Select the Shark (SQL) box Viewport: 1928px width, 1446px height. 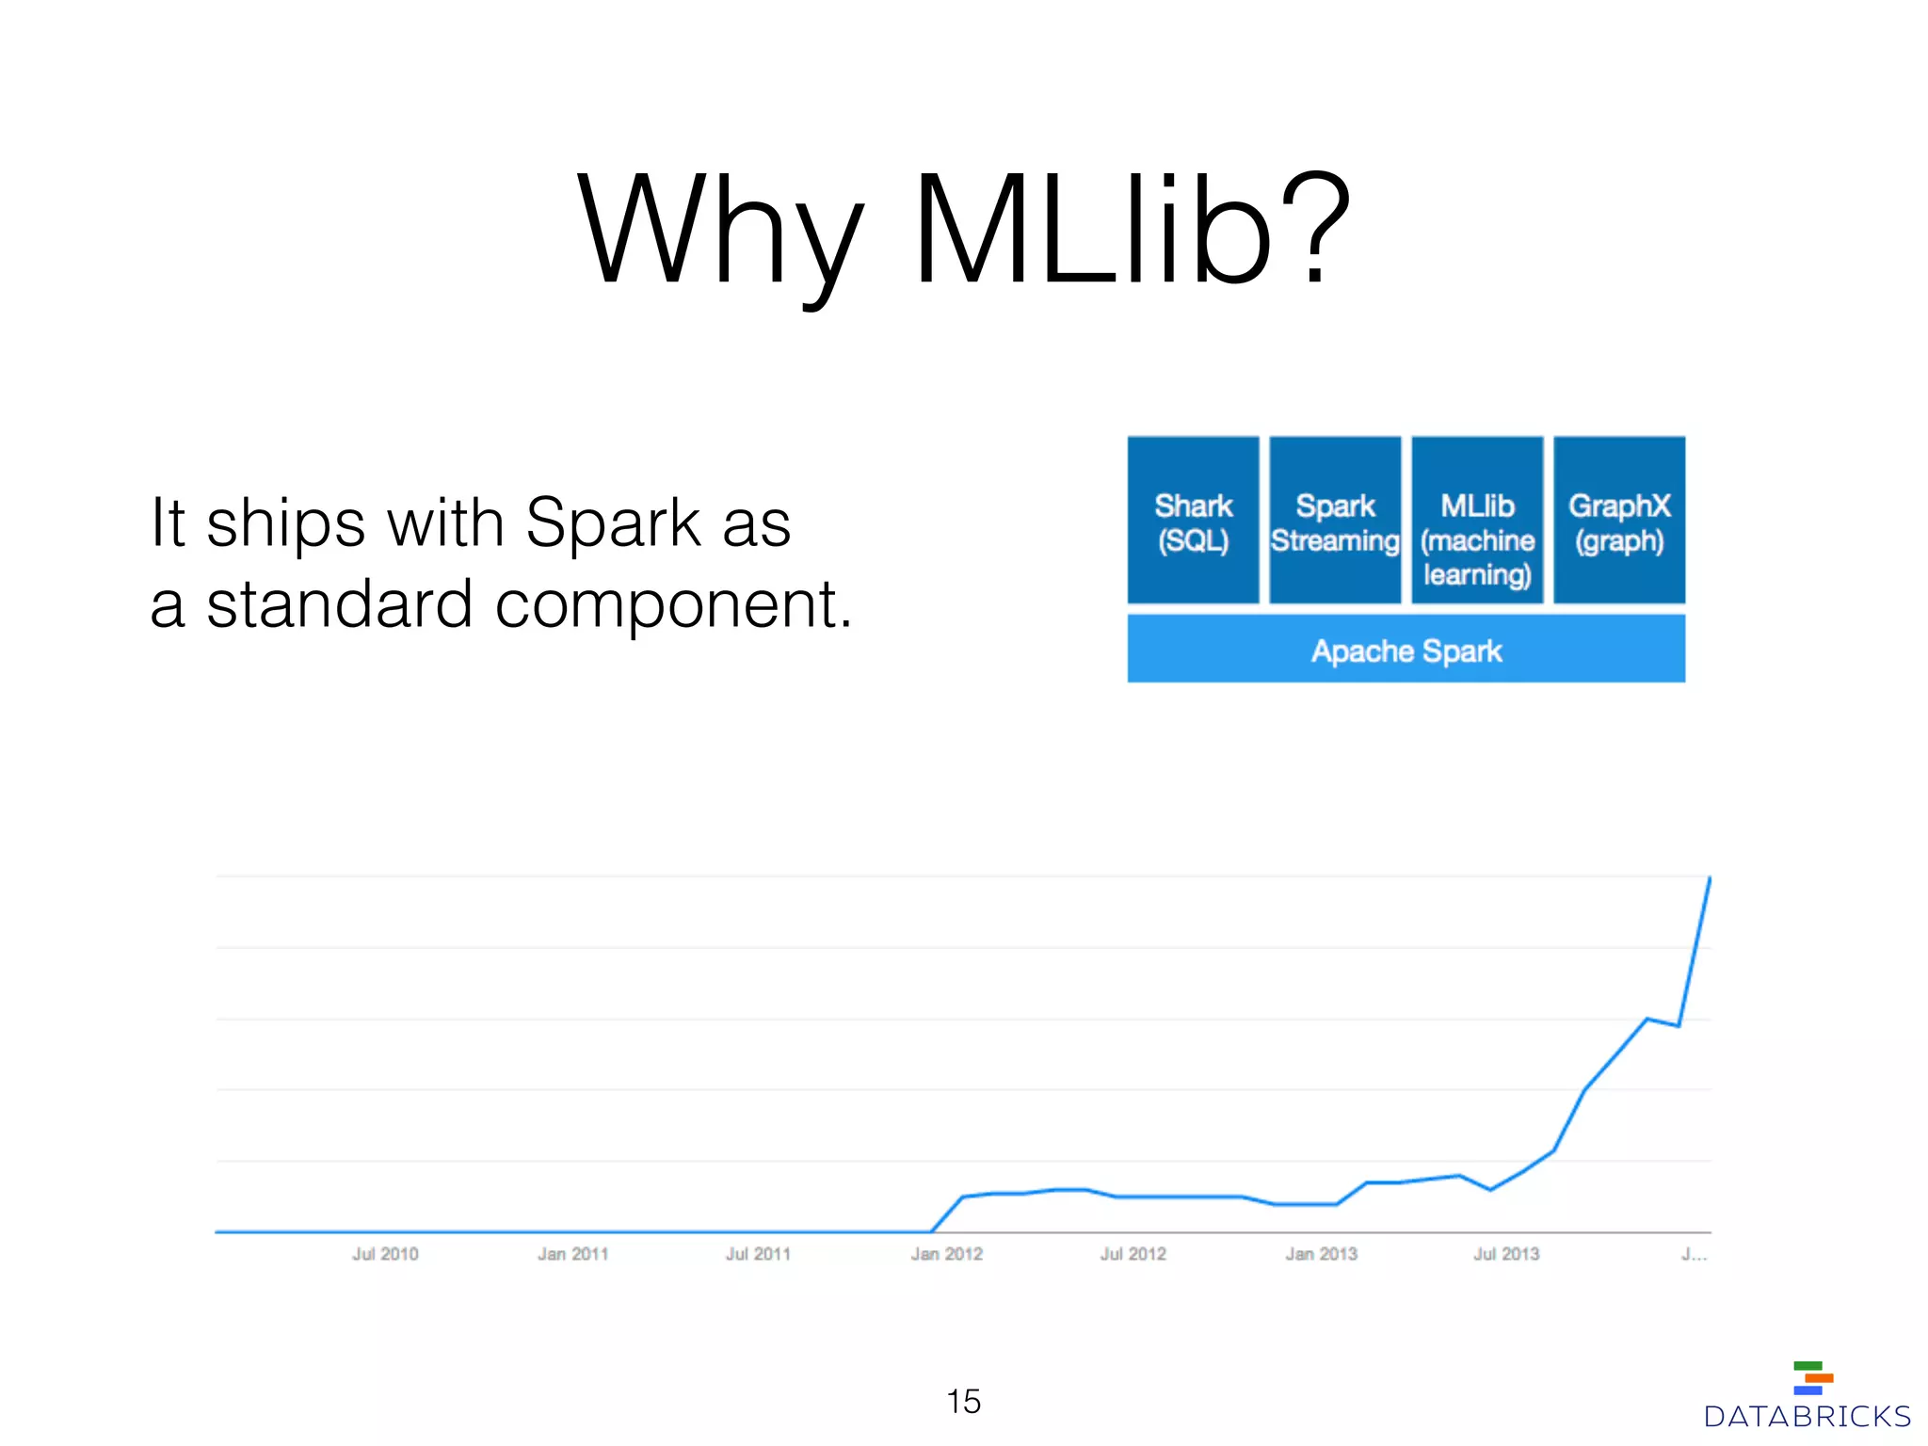click(x=1193, y=521)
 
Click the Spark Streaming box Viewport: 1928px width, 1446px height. click(x=1335, y=521)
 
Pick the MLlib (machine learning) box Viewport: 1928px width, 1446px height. click(x=1477, y=521)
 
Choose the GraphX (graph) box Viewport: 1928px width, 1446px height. click(x=1619, y=521)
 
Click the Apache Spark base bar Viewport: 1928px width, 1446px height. click(x=1406, y=650)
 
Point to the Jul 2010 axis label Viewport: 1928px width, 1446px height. click(x=385, y=1254)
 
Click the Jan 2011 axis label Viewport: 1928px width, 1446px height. click(x=572, y=1254)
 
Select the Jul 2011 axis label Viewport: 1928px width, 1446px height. click(x=758, y=1254)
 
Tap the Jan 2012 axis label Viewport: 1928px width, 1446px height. click(x=946, y=1254)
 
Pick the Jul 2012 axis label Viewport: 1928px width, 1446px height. click(x=1133, y=1254)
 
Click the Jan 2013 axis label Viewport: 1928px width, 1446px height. click(x=1321, y=1254)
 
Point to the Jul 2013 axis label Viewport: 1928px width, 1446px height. click(x=1506, y=1254)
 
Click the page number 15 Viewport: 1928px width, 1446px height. click(x=963, y=1401)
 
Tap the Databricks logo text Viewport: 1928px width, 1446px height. click(x=1807, y=1417)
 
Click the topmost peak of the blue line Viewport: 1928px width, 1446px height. click(x=1710, y=877)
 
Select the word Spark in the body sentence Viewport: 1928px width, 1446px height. click(x=613, y=522)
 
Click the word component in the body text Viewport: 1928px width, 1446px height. click(x=673, y=604)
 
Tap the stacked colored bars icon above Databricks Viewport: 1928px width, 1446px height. click(x=1812, y=1377)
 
